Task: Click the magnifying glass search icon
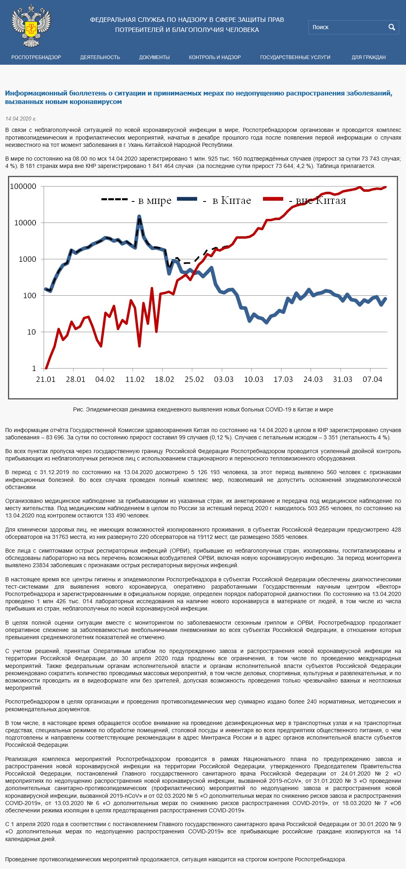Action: (391, 27)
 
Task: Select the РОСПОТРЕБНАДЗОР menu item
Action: (36, 57)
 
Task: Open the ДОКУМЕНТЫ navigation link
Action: (154, 57)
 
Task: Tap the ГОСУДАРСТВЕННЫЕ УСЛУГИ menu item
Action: (295, 57)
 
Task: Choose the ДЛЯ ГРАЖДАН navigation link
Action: (368, 57)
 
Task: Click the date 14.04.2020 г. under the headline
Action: (21, 119)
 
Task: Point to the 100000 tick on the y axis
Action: (23, 187)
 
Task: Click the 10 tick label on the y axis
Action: (32, 332)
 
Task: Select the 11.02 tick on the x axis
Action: (135, 379)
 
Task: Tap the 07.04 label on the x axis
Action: (372, 379)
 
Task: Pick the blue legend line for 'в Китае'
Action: (187, 199)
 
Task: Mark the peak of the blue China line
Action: (139, 217)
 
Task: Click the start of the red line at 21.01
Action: (46, 368)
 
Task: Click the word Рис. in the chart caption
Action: (78, 409)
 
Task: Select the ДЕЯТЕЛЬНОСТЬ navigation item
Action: (100, 57)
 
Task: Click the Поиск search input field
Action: (347, 27)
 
